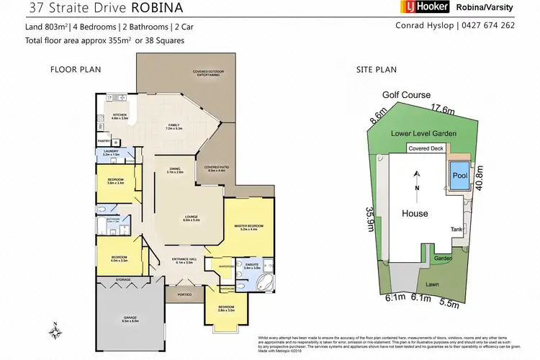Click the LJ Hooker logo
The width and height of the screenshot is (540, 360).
point(424,7)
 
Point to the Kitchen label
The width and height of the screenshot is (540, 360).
point(120,116)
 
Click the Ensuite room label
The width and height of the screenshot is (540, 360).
point(252,266)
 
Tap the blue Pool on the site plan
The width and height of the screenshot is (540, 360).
point(459,175)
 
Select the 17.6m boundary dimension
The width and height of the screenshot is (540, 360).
point(441,109)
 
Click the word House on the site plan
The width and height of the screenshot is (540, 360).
point(415,214)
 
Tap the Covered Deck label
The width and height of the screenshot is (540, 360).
point(426,148)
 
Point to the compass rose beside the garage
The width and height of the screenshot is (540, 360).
point(56,332)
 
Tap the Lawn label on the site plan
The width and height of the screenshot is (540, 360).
point(431,284)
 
